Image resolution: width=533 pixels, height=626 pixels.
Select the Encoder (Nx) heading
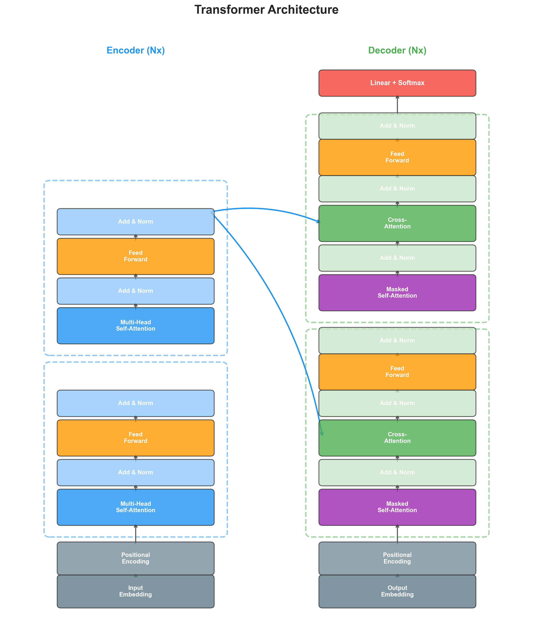tap(136, 50)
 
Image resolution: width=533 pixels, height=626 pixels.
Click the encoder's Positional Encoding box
tap(136, 558)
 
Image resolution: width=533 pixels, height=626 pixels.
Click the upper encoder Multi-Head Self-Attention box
tap(136, 325)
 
